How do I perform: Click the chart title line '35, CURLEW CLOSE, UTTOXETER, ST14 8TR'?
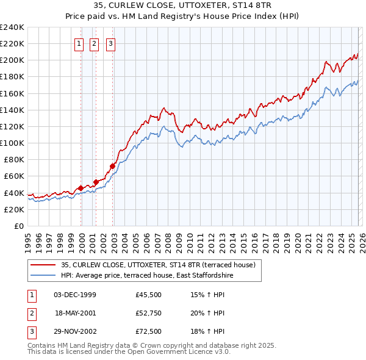[x=183, y=5]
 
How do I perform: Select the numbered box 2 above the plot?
[x=95, y=43]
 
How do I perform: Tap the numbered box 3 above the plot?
[x=111, y=43]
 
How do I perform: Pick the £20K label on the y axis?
[x=14, y=209]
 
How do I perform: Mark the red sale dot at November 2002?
[x=113, y=165]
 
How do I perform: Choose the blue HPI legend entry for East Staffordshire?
[x=146, y=275]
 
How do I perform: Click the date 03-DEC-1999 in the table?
[x=75, y=295]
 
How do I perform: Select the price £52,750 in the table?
[x=149, y=313]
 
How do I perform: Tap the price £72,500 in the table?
[x=149, y=331]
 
